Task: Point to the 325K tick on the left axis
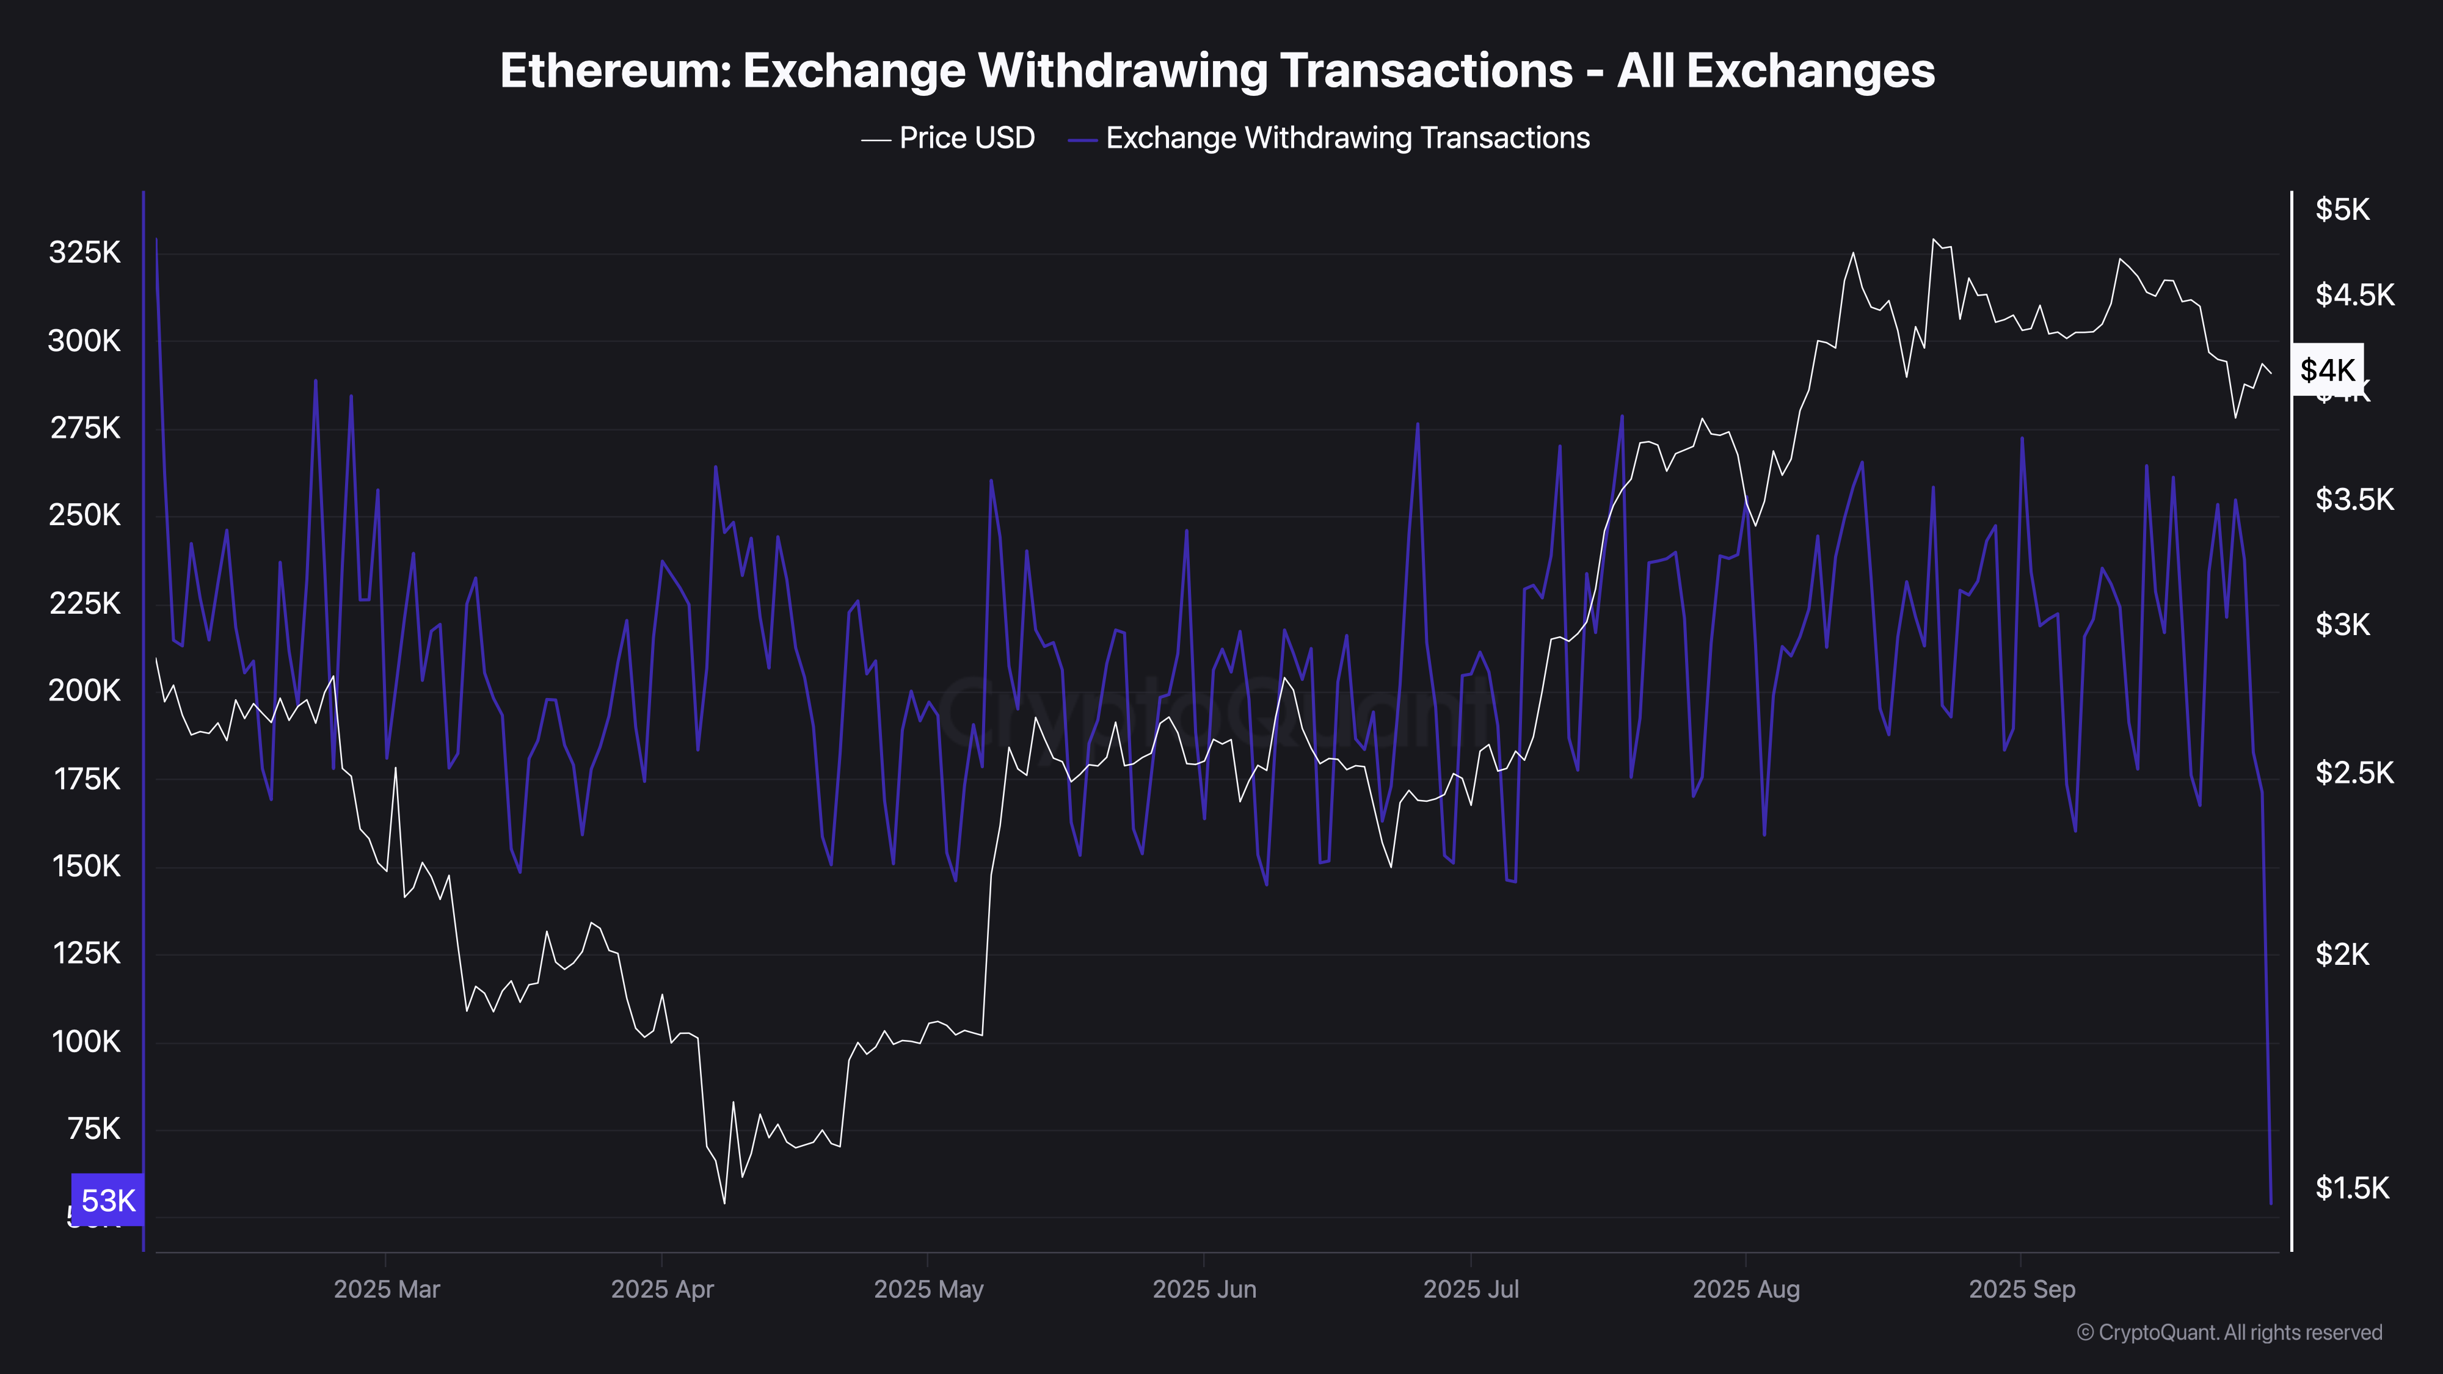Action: [x=84, y=252]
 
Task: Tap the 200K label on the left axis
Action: [x=84, y=690]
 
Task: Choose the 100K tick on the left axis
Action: [x=86, y=1041]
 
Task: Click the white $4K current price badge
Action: [x=2328, y=370]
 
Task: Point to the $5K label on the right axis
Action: [x=2342, y=209]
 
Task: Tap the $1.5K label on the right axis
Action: [x=2351, y=1187]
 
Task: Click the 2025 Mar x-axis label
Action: [x=387, y=1289]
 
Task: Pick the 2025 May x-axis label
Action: [x=928, y=1289]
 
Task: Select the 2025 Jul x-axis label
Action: [x=1471, y=1289]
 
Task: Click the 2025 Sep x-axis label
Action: [x=2022, y=1289]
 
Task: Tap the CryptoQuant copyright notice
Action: [x=2229, y=1332]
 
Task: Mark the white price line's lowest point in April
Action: [x=724, y=1203]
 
